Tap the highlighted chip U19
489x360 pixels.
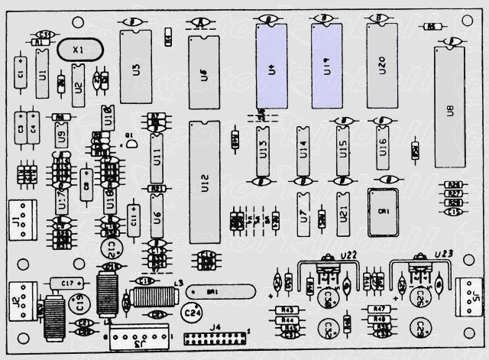(326, 66)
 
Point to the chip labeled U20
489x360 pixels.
(381, 66)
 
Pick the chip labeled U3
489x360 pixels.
(136, 67)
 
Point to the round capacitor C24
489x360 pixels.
(191, 312)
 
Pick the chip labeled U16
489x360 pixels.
(382, 144)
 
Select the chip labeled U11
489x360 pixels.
(157, 157)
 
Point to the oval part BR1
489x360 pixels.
(219, 293)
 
